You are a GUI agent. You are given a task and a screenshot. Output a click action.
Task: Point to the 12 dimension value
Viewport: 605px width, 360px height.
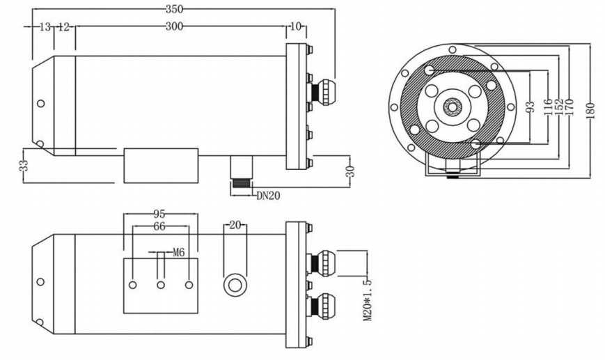tap(64, 26)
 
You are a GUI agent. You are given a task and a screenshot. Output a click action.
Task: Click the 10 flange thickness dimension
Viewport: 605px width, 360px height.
tap(296, 26)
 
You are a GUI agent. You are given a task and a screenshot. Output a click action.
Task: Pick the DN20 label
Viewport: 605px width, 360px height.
tap(268, 196)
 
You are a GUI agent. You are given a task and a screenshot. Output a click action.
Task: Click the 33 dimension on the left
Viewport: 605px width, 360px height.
tap(24, 166)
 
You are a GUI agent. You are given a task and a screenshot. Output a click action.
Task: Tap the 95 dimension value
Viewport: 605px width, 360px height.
tap(160, 214)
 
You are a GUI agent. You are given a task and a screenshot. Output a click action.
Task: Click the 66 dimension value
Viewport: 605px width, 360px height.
tap(160, 226)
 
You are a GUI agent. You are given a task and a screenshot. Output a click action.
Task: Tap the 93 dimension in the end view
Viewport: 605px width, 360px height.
tap(531, 108)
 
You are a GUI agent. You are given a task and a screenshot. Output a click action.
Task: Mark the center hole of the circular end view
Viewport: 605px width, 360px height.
tap(453, 107)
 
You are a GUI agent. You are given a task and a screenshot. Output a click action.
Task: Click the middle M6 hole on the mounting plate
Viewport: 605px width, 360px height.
tap(160, 285)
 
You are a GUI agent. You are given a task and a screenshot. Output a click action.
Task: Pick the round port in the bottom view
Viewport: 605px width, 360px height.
tap(234, 284)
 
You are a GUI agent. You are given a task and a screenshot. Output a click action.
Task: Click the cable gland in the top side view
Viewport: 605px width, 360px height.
tap(324, 91)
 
